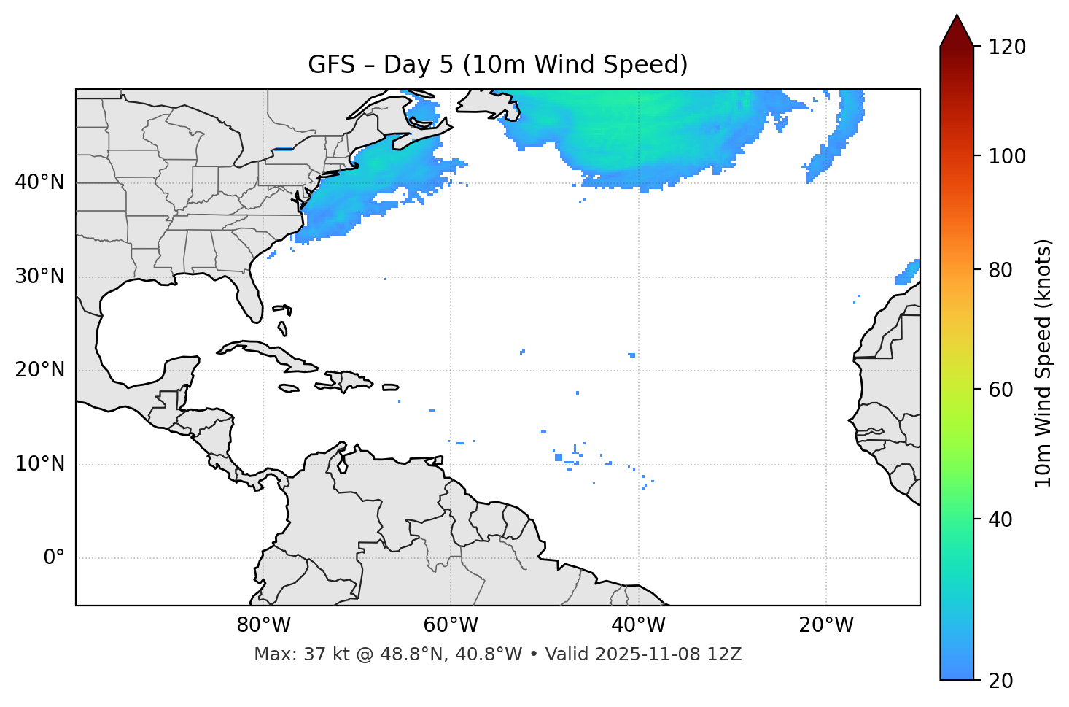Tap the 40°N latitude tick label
tap(39, 182)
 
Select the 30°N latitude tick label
tap(39, 277)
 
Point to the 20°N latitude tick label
tap(39, 370)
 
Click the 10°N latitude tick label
tap(39, 464)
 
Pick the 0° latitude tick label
tap(54, 558)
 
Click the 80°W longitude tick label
tap(263, 625)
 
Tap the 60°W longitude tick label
tap(451, 625)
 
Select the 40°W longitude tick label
tap(638, 625)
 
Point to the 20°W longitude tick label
tap(826, 625)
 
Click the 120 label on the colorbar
tap(1006, 47)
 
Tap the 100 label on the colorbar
tap(1006, 156)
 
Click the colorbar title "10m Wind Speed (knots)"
tap(1043, 363)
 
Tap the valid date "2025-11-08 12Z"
tap(668, 654)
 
